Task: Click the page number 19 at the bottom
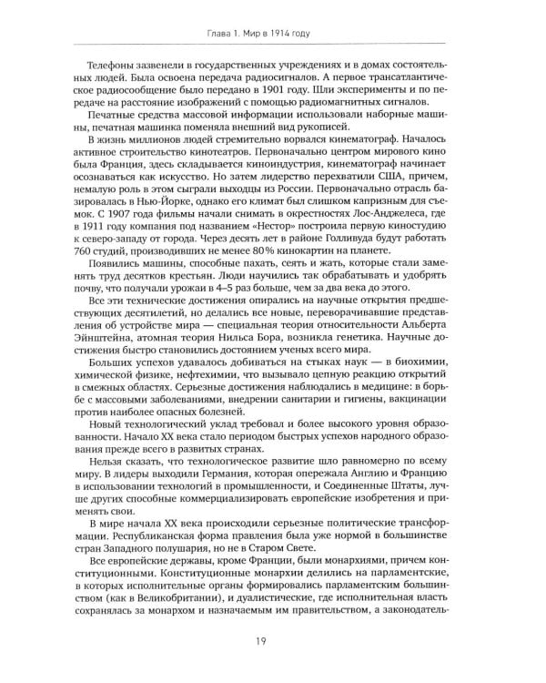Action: [273, 641]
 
